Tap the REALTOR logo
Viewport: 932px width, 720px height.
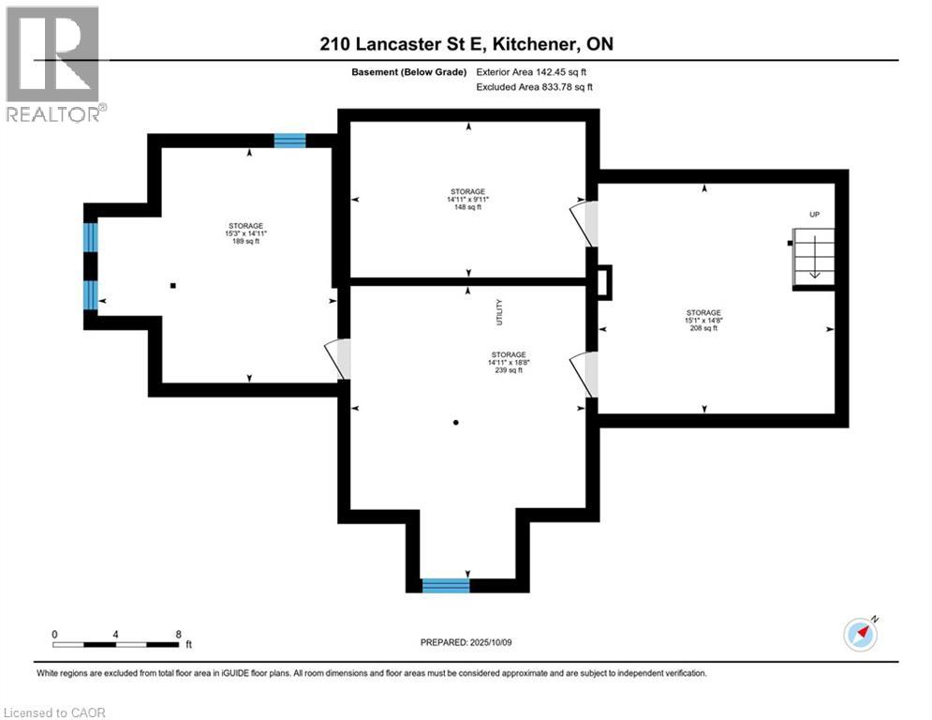pos(55,65)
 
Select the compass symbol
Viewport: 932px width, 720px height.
pos(861,635)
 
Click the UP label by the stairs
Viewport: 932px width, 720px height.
pos(814,214)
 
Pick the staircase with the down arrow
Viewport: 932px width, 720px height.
pos(814,257)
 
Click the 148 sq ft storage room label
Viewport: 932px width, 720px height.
pos(467,200)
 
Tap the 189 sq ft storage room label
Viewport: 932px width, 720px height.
pos(245,233)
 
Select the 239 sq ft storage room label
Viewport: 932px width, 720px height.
pos(509,363)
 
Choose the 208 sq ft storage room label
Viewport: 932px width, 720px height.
pos(703,320)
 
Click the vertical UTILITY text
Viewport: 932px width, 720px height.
pos(499,312)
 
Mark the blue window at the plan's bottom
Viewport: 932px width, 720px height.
pos(446,586)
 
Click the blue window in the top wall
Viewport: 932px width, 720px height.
pos(289,141)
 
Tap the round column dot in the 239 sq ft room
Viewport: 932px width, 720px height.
pos(456,423)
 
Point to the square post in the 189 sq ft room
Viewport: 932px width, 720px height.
pos(173,286)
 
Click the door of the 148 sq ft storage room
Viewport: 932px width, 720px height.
pos(584,223)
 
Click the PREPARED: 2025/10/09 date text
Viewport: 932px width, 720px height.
pos(466,642)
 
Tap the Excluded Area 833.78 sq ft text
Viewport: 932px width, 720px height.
pos(534,87)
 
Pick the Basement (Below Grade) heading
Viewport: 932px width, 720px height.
pos(409,72)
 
